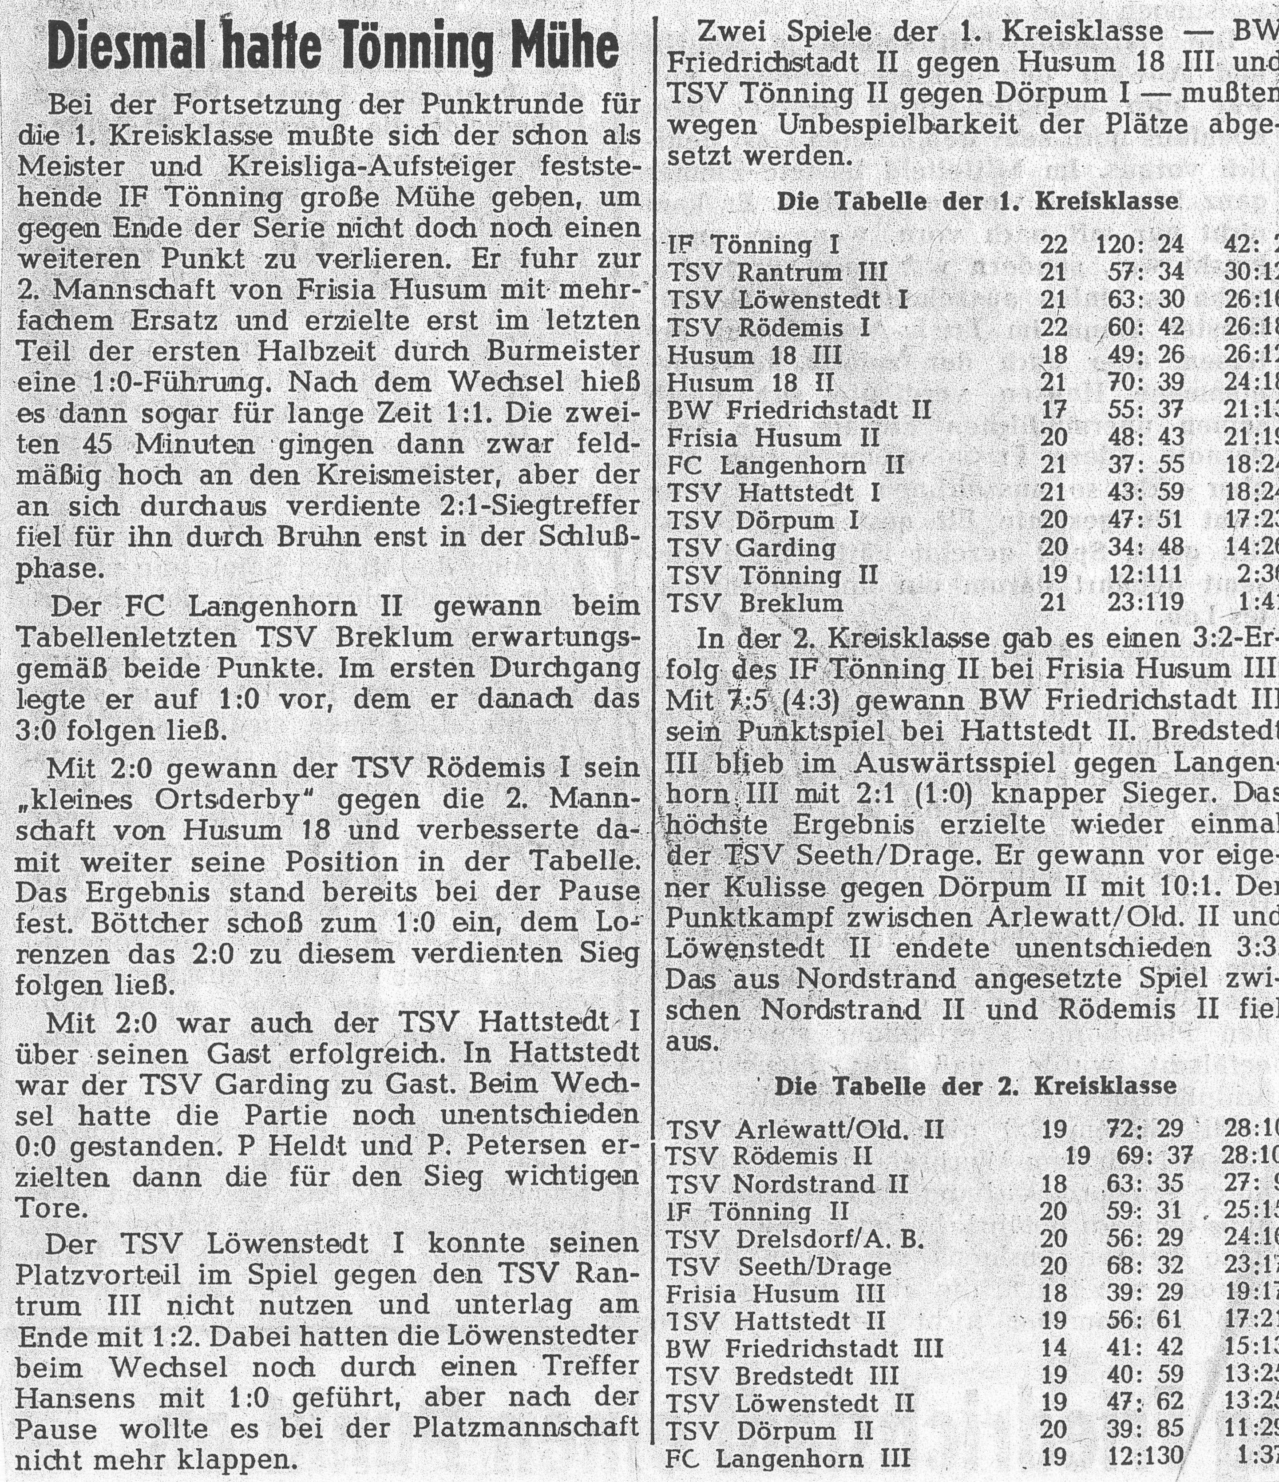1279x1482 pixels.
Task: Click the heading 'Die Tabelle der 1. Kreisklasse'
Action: pyautogui.click(x=977, y=202)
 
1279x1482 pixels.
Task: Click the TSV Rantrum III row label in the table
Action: pyautogui.click(x=777, y=273)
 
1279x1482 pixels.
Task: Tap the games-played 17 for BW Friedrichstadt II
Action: pyautogui.click(x=1053, y=410)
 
